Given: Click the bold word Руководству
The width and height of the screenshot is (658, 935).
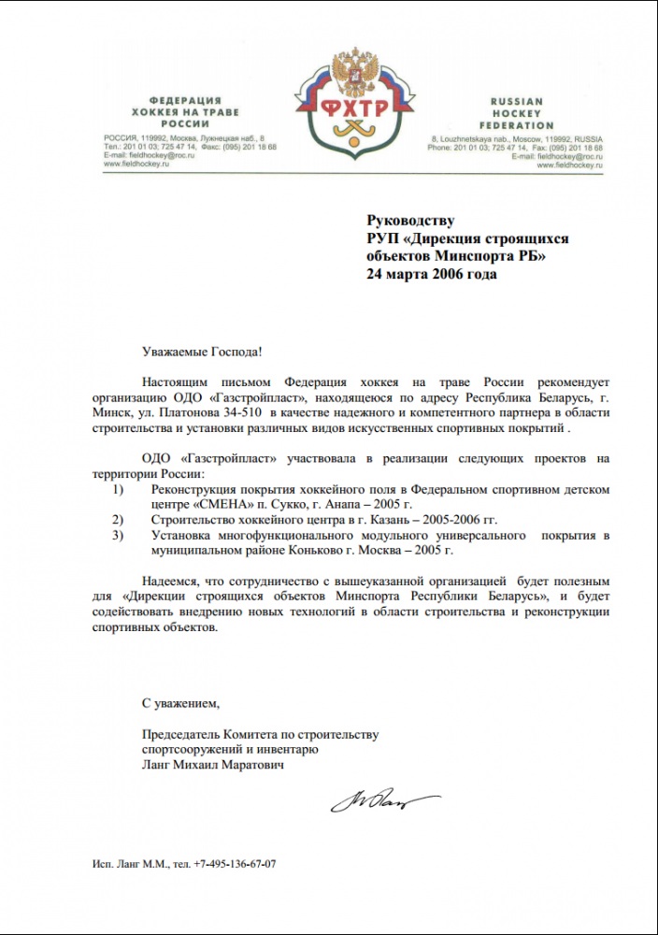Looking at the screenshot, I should (x=410, y=221).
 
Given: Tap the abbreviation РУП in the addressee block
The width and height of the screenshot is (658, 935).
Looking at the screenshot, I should (x=384, y=238).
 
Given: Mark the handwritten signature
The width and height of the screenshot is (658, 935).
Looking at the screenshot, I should (x=383, y=802).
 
